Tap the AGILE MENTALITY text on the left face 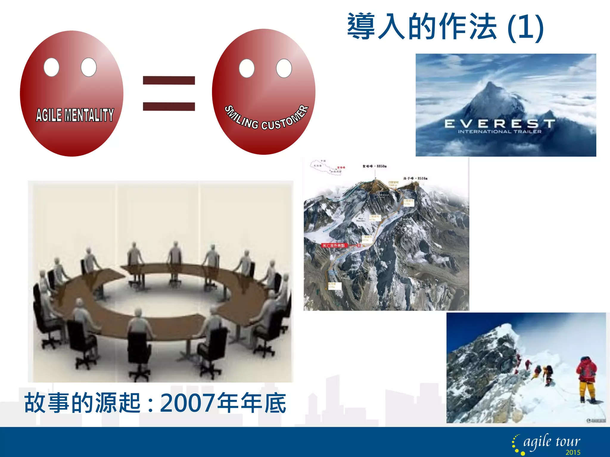pos(75,115)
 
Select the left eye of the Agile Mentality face pos(51,67)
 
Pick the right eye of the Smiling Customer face pos(284,68)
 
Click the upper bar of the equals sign pos(169,80)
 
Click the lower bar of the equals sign pos(169,106)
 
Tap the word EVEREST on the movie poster pos(499,123)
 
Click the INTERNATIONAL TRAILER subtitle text pos(499,132)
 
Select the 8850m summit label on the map pos(375,166)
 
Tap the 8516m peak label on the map pos(416,179)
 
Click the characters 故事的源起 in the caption pos(82,403)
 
